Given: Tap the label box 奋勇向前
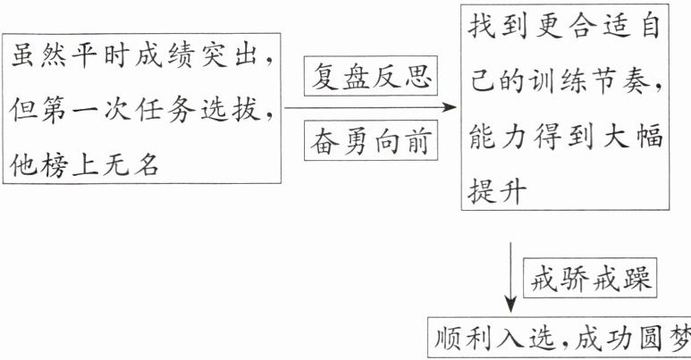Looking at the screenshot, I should point(369,139).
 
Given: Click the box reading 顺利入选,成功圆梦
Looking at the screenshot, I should point(560,339).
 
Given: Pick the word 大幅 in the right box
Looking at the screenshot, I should point(636,138).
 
